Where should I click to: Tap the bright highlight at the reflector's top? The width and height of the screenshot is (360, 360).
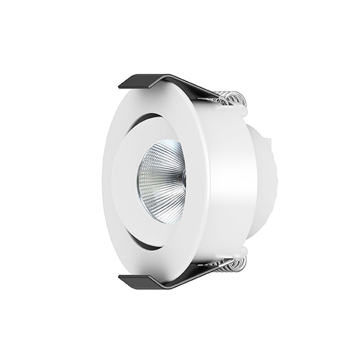(x=165, y=147)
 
